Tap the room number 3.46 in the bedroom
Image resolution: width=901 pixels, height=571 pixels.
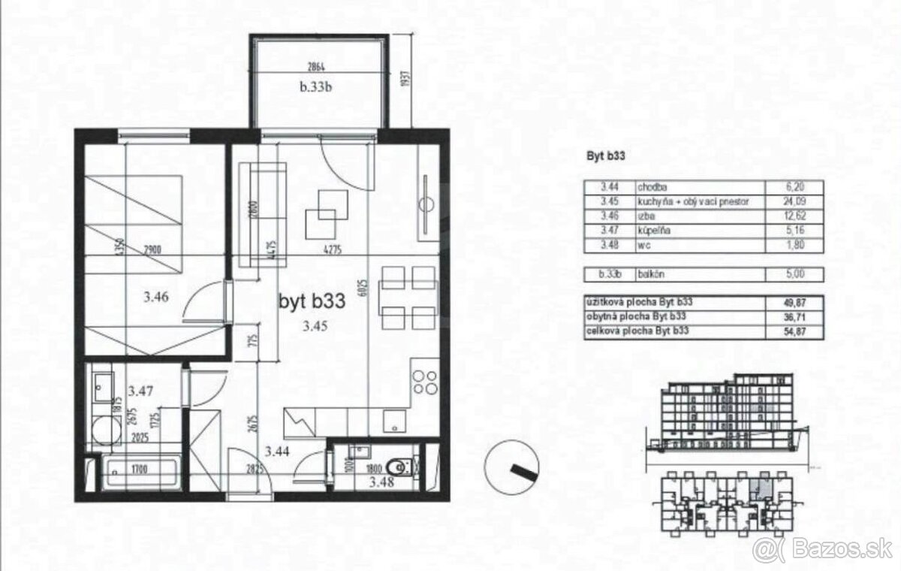[156, 297]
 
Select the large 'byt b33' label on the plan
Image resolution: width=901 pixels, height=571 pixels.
[312, 302]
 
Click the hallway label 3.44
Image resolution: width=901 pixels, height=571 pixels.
[278, 451]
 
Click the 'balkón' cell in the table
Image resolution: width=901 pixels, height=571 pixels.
[652, 276]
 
